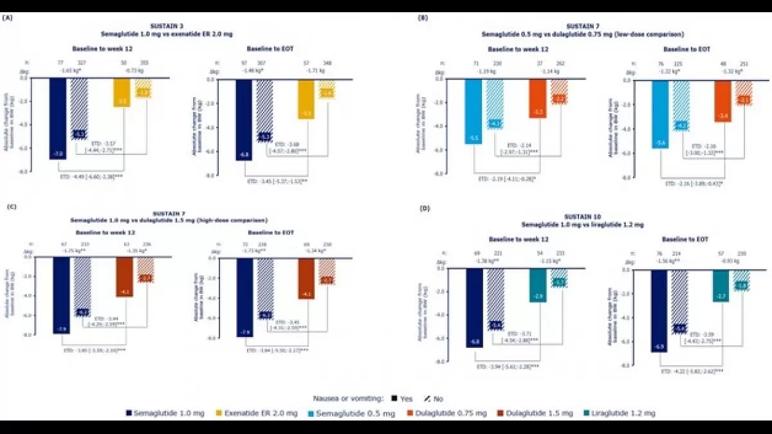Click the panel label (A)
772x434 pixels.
click(x=8, y=18)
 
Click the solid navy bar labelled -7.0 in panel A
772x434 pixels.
click(x=57, y=118)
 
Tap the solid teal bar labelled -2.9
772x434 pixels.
click(x=538, y=285)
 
